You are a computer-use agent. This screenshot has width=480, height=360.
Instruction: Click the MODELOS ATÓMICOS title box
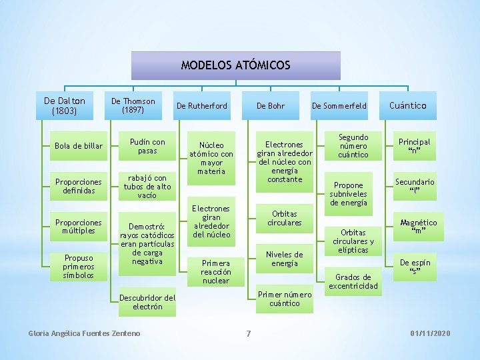coord(235,65)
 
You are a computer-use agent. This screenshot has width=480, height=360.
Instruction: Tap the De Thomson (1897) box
coord(133,105)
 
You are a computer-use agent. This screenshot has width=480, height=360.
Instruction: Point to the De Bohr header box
coord(271,105)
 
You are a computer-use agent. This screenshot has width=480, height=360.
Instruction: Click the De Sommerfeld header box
coord(339,105)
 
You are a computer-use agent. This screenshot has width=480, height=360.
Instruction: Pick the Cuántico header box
coord(412,105)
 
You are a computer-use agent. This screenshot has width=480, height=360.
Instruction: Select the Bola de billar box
coord(79,146)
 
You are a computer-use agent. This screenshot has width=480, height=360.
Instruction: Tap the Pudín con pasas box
coord(147,146)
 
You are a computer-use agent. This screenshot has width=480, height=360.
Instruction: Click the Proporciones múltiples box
coord(79,227)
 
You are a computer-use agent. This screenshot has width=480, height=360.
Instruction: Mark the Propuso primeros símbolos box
coord(79,266)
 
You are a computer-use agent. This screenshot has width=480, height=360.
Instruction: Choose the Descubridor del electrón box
coord(147,302)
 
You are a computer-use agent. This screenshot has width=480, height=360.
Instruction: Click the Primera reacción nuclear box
coord(215,271)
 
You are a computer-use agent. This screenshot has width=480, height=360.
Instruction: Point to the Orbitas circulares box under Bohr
coord(285,218)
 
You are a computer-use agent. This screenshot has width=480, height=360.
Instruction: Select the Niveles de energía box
coord(285,259)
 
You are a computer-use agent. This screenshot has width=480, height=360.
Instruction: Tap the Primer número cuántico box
coord(285,299)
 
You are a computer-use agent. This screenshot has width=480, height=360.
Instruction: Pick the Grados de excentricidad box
coord(353,281)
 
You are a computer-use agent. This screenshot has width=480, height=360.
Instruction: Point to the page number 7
coord(248,333)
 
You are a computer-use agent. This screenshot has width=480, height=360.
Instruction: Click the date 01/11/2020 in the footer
coord(431,333)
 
